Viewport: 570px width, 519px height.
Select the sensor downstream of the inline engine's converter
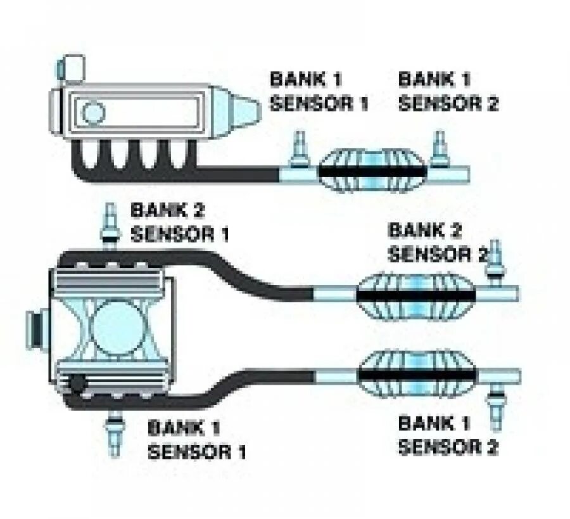click(438, 150)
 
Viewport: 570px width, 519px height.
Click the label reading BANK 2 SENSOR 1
click(179, 222)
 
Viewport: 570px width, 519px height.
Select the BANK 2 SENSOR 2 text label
click(437, 242)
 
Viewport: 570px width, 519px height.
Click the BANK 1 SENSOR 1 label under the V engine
click(196, 440)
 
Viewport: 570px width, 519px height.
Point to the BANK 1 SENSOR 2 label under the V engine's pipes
click(448, 435)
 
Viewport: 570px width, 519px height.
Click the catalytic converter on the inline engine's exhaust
click(374, 170)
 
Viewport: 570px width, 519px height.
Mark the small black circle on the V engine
click(77, 383)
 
